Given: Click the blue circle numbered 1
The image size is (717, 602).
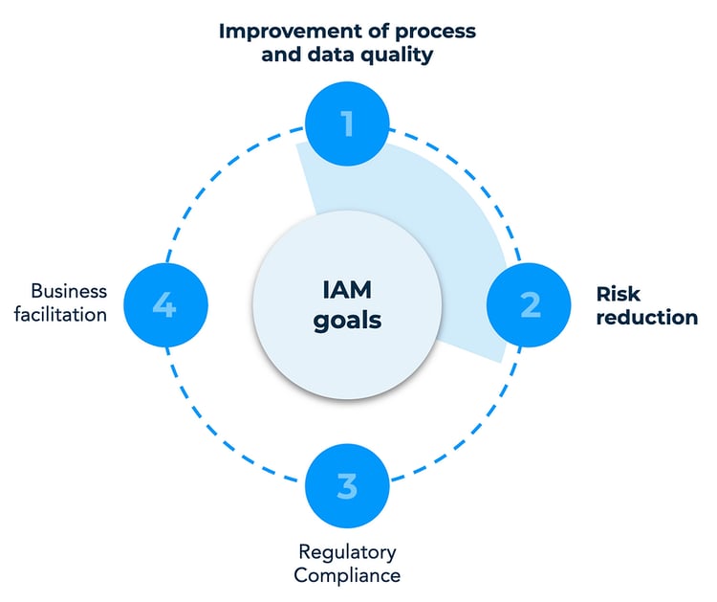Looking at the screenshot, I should click(347, 123).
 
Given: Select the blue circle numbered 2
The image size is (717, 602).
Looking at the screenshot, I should click(529, 304).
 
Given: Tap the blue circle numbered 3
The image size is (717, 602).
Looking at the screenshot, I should click(347, 485).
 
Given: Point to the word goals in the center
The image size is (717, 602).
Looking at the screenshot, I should click(346, 320).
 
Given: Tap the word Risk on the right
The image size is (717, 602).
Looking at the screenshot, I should click(620, 293).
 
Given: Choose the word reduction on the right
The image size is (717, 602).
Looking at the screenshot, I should click(645, 317).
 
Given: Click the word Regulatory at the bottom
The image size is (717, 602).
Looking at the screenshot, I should click(347, 552).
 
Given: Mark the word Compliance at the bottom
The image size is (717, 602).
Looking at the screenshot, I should click(347, 575).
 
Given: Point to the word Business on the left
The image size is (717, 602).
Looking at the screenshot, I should click(69, 291).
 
